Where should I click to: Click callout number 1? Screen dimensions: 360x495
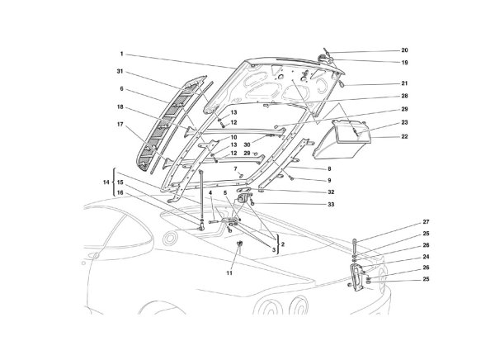coord(122,55)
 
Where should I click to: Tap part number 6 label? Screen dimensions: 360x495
coord(122,89)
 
